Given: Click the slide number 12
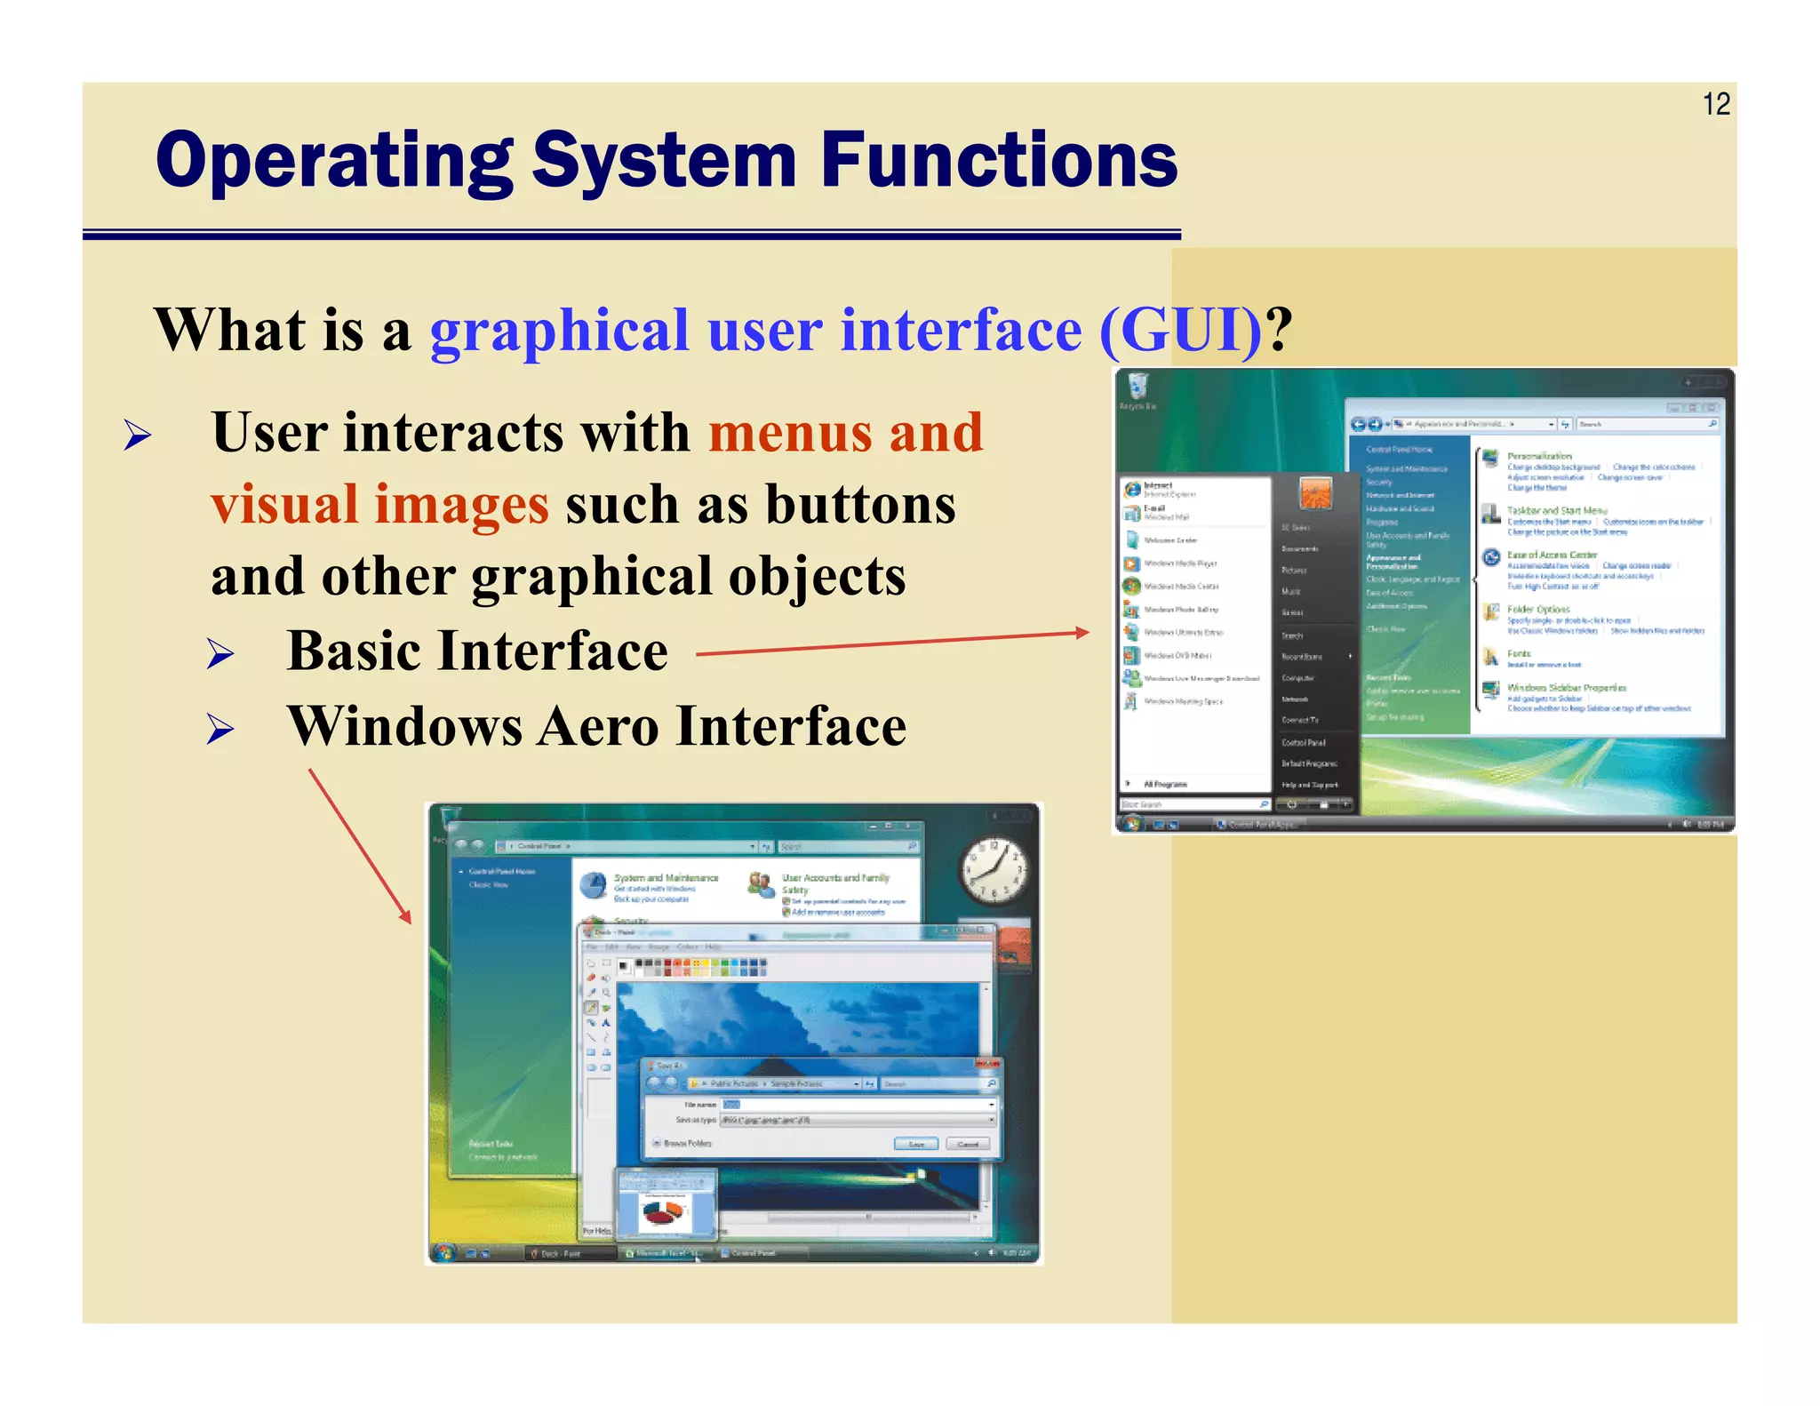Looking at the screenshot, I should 1715,105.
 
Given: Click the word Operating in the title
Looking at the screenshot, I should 334,162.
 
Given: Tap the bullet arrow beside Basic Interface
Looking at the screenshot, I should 220,654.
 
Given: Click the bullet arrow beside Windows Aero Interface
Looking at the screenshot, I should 220,730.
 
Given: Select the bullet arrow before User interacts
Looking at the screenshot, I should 138,435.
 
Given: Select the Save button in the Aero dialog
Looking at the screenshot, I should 915,1144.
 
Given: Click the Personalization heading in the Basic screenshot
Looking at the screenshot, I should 1539,456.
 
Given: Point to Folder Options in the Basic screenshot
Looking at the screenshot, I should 1538,610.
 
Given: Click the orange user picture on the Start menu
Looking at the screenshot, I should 1315,493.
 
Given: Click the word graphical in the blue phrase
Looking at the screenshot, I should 559,331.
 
